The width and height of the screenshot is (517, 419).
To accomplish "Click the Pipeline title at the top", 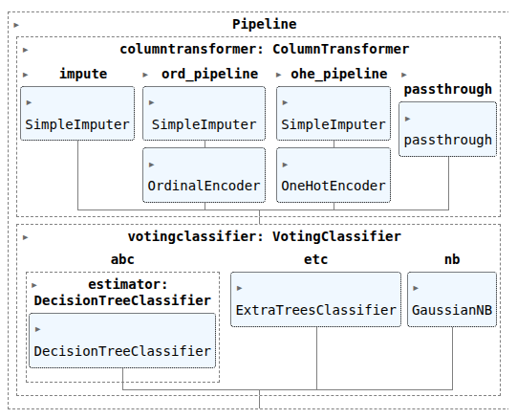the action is (265, 25).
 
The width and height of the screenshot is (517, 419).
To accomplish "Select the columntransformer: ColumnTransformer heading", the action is (265, 49).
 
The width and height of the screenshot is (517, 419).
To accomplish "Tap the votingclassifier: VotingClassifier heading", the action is (265, 236).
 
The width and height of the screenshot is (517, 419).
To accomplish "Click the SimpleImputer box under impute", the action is (77, 114).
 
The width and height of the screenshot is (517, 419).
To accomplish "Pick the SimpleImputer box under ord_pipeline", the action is (205, 114).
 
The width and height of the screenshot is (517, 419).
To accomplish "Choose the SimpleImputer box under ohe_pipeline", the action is (334, 114).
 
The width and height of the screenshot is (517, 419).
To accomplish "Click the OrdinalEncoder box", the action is (205, 175).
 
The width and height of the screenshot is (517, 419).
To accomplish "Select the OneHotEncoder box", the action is (334, 175).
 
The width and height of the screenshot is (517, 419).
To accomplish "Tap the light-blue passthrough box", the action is (448, 129).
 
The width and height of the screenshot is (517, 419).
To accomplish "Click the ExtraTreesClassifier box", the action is (316, 299).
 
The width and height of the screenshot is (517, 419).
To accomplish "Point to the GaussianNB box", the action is (452, 299).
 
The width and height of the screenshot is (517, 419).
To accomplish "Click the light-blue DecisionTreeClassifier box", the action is (122, 341).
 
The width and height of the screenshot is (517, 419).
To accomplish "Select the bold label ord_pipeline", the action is (209, 74).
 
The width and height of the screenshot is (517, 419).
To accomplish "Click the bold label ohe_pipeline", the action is (339, 74).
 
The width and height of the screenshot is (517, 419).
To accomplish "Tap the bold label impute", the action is (83, 74).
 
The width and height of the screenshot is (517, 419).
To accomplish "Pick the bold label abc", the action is (122, 259).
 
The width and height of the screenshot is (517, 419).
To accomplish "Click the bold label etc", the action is (316, 259).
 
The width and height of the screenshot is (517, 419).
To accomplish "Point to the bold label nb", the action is (452, 259).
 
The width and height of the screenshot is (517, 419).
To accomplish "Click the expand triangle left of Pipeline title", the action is (16, 25).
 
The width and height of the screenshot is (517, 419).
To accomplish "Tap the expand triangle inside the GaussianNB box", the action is (416, 288).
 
